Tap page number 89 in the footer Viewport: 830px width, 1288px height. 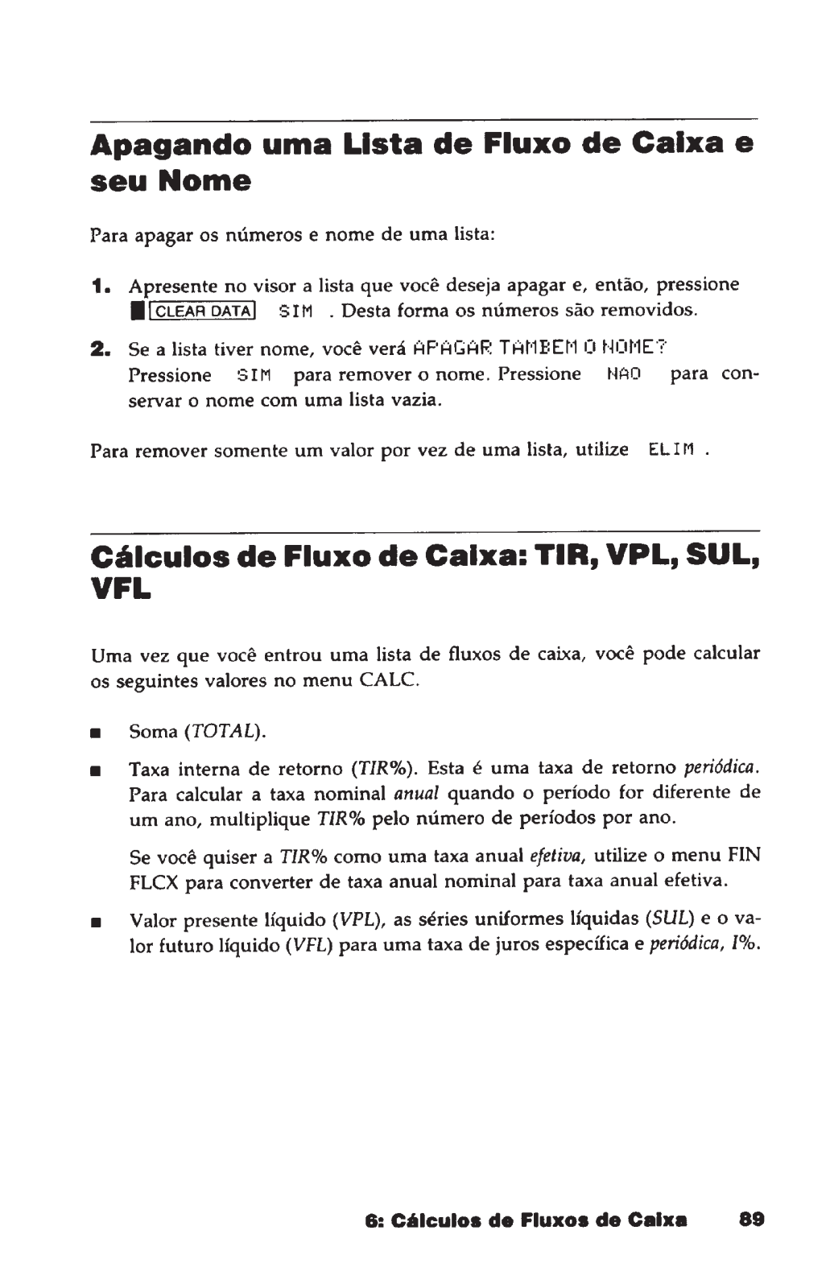[751, 1219]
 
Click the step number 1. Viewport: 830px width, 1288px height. [99, 286]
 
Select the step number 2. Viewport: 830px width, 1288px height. [100, 349]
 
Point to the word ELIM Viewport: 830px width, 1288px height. [672, 450]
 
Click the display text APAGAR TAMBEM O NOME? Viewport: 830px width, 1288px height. [539, 349]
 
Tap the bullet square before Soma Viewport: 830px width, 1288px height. [95, 733]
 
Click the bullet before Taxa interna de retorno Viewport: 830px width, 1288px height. [95, 770]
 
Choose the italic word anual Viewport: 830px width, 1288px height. [415, 794]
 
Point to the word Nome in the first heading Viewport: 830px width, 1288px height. [204, 181]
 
